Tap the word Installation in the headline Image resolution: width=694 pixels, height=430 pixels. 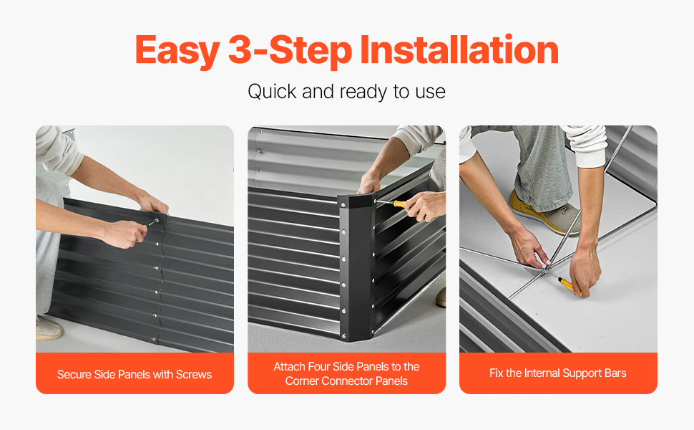pyautogui.click(x=459, y=49)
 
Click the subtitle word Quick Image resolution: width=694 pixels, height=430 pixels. pyautogui.click(x=272, y=92)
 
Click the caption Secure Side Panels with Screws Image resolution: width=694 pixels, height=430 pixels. pyautogui.click(x=135, y=374)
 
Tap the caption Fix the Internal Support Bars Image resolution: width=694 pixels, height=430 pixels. pyautogui.click(x=557, y=373)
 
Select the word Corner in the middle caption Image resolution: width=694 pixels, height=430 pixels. pyautogui.click(x=302, y=381)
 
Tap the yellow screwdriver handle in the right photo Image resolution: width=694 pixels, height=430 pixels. pyautogui.click(x=570, y=285)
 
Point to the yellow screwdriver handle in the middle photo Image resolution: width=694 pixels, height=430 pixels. pyautogui.click(x=400, y=204)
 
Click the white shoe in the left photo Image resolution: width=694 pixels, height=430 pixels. pyautogui.click(x=49, y=328)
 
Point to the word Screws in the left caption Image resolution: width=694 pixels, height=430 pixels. pyautogui.click(x=194, y=375)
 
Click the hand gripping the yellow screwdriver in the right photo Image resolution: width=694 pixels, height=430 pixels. pyautogui.click(x=585, y=272)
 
